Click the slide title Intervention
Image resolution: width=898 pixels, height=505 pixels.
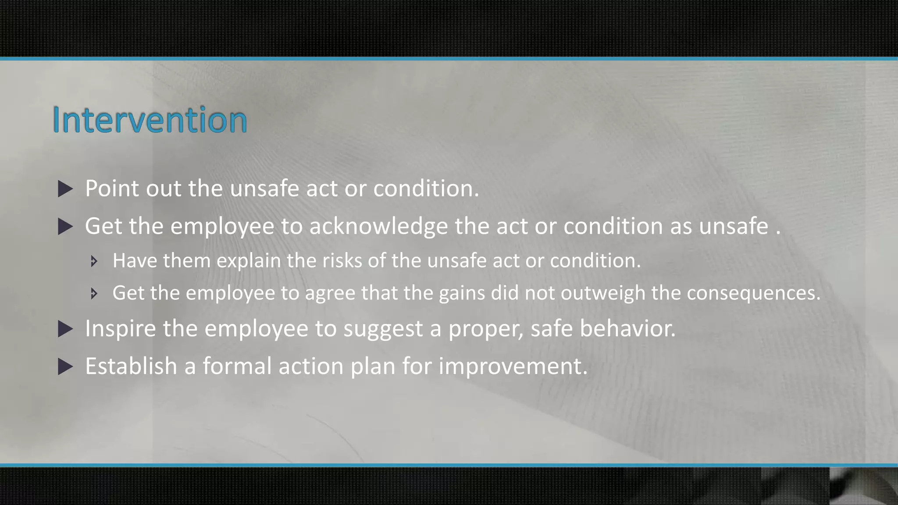150,120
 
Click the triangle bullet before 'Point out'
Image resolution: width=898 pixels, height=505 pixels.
65,189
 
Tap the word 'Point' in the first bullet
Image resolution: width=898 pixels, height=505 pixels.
112,188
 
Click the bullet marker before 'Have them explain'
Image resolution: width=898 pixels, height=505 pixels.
93,262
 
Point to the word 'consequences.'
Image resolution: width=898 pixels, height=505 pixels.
753,293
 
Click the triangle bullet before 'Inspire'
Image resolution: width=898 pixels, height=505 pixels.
65,329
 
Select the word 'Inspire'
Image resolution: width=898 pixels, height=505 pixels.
121,328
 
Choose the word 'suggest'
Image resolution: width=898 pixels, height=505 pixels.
383,329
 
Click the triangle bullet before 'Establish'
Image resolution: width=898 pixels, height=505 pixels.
65,366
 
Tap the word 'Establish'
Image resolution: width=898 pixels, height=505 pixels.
131,366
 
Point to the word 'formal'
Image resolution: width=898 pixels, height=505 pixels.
237,366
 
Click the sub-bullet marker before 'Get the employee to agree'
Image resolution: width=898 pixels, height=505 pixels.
93,293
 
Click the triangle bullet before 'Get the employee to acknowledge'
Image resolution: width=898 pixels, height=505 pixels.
65,227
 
